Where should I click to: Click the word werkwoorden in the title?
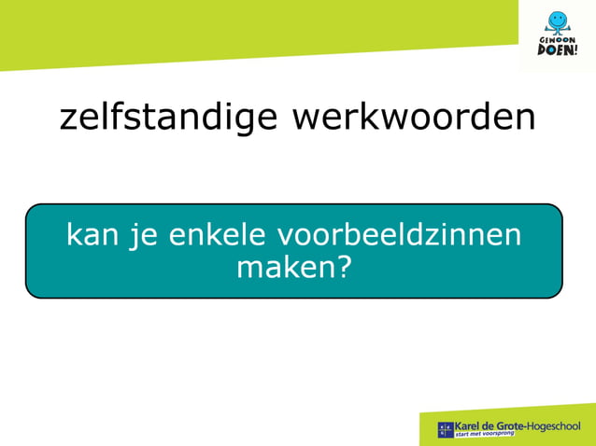(414, 118)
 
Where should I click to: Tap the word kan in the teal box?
(90, 234)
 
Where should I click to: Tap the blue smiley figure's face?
(558, 19)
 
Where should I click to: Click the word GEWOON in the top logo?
(558, 39)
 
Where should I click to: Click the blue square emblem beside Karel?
(446, 430)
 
